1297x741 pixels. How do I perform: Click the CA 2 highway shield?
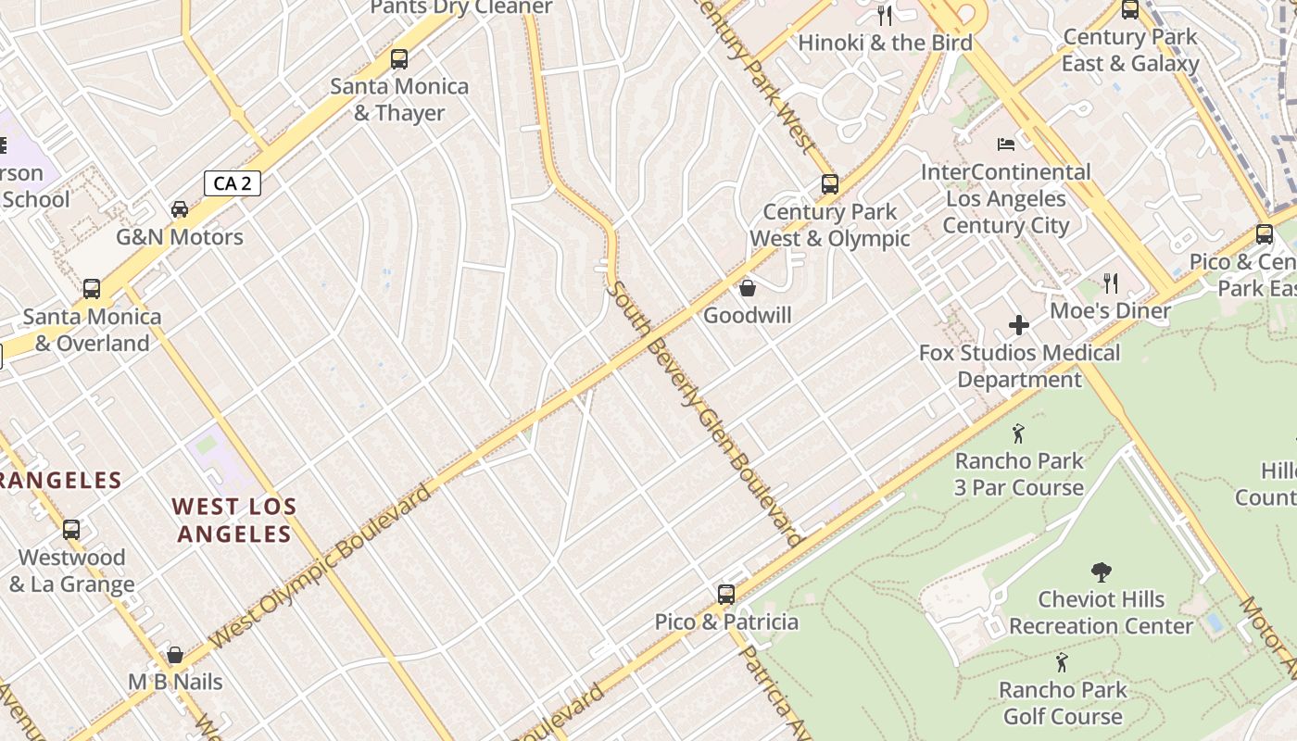coord(232,183)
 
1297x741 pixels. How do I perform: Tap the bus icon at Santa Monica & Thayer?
coord(399,59)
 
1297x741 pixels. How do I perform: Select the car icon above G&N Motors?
coord(180,209)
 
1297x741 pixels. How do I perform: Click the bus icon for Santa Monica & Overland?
coord(92,289)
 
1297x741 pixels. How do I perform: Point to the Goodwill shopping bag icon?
coord(748,288)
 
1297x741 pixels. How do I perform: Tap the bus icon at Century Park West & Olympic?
coord(830,184)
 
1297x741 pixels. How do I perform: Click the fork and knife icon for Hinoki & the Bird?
coord(885,15)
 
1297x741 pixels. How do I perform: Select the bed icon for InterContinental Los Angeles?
coord(1006,144)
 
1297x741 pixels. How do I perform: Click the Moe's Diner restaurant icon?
coord(1110,283)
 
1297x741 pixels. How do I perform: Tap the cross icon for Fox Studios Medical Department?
coord(1019,325)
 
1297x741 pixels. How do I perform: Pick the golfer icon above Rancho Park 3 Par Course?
coord(1019,433)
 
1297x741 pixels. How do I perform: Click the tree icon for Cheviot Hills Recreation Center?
coord(1101,571)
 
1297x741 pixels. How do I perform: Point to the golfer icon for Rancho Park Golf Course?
coord(1063,662)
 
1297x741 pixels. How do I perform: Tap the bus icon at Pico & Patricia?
coord(726,594)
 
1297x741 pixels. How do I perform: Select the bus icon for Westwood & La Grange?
coord(71,530)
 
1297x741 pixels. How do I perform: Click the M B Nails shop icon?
coord(175,655)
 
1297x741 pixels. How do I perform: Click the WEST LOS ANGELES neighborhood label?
coord(234,521)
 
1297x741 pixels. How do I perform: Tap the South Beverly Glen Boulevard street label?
coord(703,413)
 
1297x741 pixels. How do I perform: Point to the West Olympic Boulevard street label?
coord(321,565)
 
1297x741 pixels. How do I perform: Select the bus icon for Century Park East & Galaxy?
coord(1130,10)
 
